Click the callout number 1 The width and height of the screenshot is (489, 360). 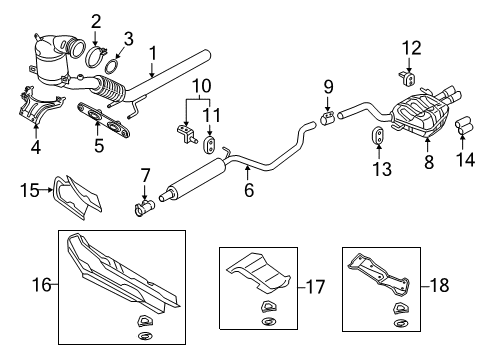(153, 54)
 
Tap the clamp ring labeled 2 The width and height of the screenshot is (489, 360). (96, 56)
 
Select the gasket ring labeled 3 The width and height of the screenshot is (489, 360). (112, 66)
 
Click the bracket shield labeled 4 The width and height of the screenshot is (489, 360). (40, 106)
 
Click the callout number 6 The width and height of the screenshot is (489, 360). (249, 190)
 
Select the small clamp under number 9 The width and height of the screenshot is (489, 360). (328, 119)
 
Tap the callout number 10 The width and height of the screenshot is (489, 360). (202, 86)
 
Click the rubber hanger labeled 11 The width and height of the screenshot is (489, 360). (209, 144)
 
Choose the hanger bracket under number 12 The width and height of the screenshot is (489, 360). (407, 78)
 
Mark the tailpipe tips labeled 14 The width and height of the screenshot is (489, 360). (465, 126)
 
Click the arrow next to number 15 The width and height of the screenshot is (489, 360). (46, 190)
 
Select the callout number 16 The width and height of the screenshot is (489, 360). (42, 285)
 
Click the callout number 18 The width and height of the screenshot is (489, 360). (439, 285)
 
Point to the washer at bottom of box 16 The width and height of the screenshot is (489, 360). (145, 336)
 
